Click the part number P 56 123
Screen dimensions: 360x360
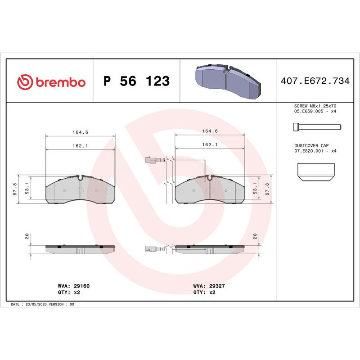tap(136, 81)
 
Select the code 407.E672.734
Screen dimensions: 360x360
tap(315, 81)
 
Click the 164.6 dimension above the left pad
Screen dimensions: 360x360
tap(81, 132)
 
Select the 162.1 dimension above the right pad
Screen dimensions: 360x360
tap(210, 145)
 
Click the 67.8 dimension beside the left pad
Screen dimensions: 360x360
tap(15, 189)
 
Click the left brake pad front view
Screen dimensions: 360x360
tap(81, 190)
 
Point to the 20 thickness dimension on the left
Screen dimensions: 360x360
tap(27, 236)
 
